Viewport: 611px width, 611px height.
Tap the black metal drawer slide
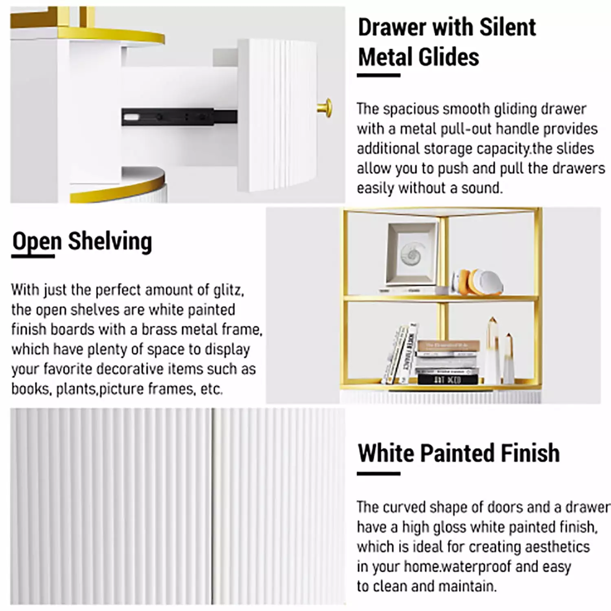tap(179, 117)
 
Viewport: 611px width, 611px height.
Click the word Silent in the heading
tap(507, 27)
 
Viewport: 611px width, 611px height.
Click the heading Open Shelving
tap(82, 242)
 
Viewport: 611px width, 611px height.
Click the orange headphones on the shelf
tap(477, 281)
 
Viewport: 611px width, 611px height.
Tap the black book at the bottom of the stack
tap(447, 380)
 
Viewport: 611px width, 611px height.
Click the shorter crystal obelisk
tap(509, 358)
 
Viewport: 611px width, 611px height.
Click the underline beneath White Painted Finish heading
tap(378, 474)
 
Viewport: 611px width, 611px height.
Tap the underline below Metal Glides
tap(378, 75)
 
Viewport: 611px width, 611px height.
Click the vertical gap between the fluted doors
tap(213, 506)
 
